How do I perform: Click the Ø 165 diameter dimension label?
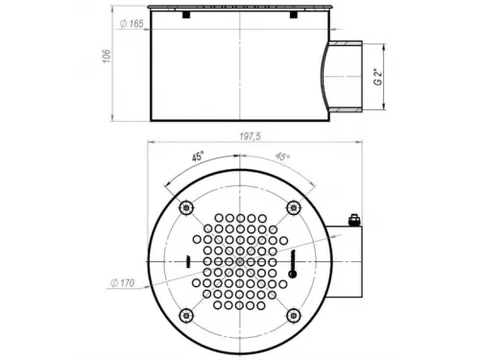click(x=132, y=23)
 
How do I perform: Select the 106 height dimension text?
click(x=108, y=57)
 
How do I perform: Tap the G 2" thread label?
click(x=378, y=77)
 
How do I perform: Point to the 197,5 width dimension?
click(x=250, y=136)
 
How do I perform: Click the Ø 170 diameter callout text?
click(x=123, y=283)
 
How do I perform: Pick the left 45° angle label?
click(x=198, y=157)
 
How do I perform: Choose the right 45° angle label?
click(x=282, y=156)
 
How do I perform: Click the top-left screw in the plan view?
click(x=186, y=208)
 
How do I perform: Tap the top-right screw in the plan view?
click(x=294, y=208)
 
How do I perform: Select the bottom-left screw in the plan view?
click(x=186, y=316)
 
